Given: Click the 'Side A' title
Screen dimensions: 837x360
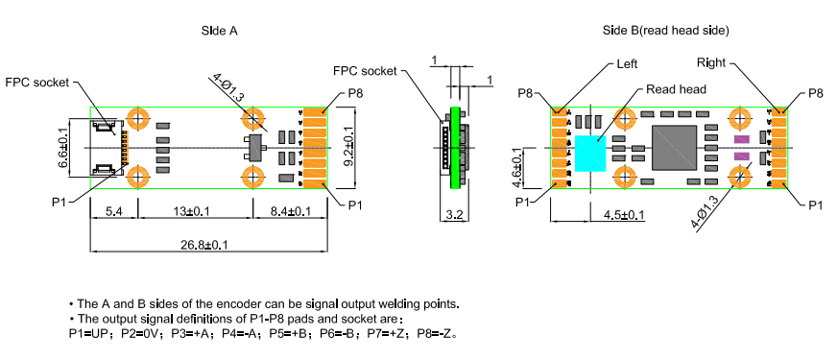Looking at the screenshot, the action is tap(220, 31).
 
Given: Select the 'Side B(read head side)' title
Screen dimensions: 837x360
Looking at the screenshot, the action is tap(665, 31).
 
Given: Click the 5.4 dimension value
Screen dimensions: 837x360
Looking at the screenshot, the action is tap(113, 212).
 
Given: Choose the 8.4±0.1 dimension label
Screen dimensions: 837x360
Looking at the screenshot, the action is tap(290, 212).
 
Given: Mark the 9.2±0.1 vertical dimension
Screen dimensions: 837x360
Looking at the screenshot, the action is tap(347, 148).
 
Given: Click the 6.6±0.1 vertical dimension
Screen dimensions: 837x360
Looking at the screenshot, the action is tap(63, 148).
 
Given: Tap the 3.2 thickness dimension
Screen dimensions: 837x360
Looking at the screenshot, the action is tap(454, 215).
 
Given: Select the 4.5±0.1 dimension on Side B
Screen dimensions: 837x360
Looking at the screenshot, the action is tap(624, 215).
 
